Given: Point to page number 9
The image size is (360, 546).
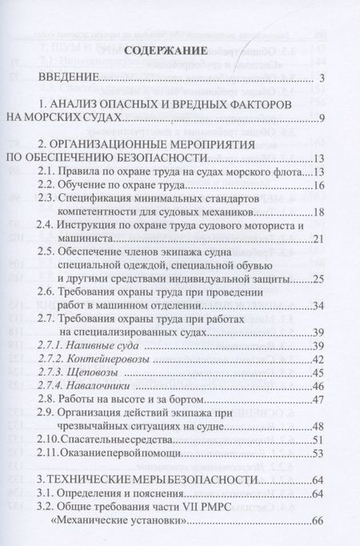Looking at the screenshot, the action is point(320,119).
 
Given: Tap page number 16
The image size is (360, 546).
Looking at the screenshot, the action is point(318,186).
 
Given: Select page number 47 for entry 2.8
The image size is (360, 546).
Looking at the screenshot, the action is point(318,399).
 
